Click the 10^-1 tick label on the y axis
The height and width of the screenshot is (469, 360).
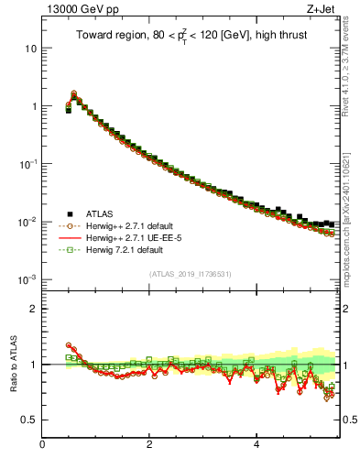point(27,163)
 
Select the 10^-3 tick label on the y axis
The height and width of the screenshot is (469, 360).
point(27,278)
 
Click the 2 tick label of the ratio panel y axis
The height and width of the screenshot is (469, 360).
point(32,309)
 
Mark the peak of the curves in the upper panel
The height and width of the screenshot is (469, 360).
point(73,93)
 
